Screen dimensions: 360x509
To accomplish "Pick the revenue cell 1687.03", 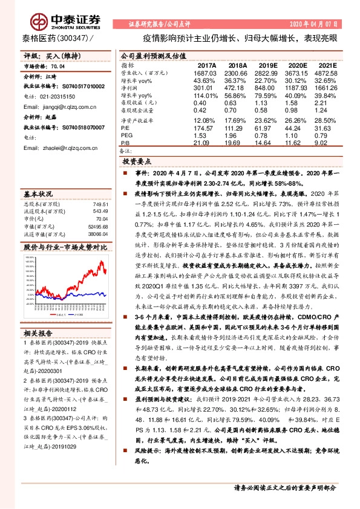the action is click(205, 72).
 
